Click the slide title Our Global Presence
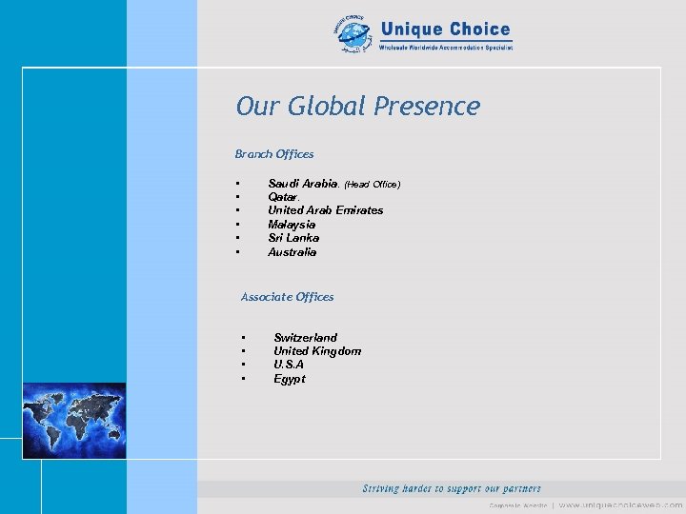(x=357, y=106)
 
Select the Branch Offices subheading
(x=274, y=153)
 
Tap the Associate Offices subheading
(x=287, y=297)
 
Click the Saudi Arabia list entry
(x=302, y=183)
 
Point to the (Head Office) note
(x=373, y=184)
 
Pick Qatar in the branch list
(x=283, y=197)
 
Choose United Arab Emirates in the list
(x=325, y=210)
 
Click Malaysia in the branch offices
(x=292, y=225)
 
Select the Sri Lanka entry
(x=293, y=238)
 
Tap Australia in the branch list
(x=292, y=252)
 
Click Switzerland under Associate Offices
(x=305, y=338)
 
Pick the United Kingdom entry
(x=317, y=351)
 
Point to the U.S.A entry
(x=289, y=365)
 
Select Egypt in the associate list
(x=290, y=379)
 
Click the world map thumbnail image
(x=73, y=421)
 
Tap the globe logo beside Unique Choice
(x=353, y=36)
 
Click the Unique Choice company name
(x=445, y=30)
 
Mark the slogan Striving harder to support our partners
(x=452, y=488)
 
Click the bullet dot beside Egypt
(x=245, y=379)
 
